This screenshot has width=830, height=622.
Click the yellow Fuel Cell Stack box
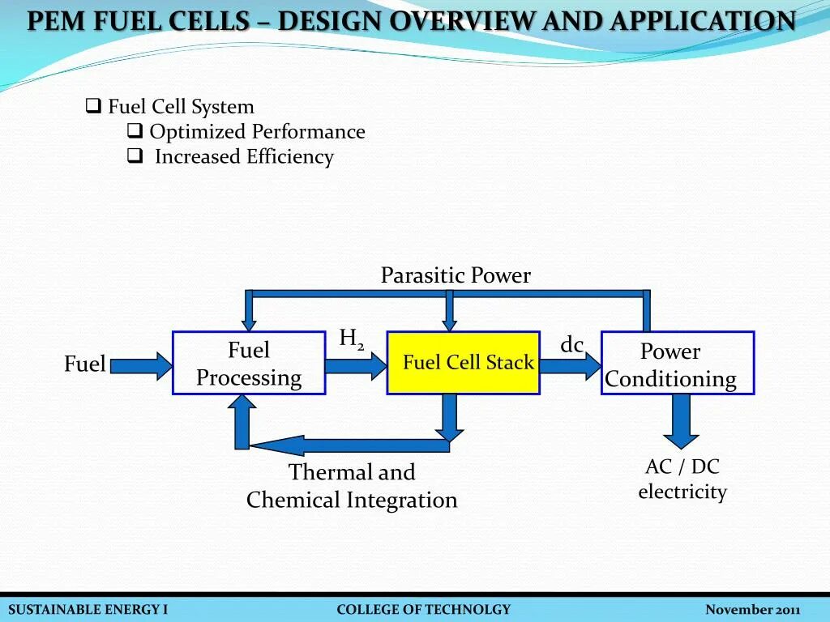tap(463, 363)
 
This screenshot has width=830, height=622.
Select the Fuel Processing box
tap(249, 364)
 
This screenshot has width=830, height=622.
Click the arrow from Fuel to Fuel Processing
tap(141, 365)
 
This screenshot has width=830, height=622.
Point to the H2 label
tap(351, 339)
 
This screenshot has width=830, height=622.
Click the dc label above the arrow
tap(571, 345)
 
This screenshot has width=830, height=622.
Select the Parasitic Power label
tap(456, 275)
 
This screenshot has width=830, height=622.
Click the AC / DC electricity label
tap(682, 479)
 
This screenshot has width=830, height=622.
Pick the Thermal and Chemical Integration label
tap(352, 486)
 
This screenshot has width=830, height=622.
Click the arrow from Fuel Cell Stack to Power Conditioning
tap(570, 366)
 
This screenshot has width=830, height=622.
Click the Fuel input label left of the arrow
tap(84, 364)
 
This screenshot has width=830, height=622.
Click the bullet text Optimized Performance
tap(257, 131)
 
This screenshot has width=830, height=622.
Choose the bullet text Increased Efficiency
tap(244, 156)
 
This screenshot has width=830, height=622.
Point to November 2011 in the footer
tap(752, 610)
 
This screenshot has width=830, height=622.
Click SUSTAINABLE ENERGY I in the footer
tap(88, 610)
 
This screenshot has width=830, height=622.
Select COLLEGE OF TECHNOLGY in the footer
tap(423, 610)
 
